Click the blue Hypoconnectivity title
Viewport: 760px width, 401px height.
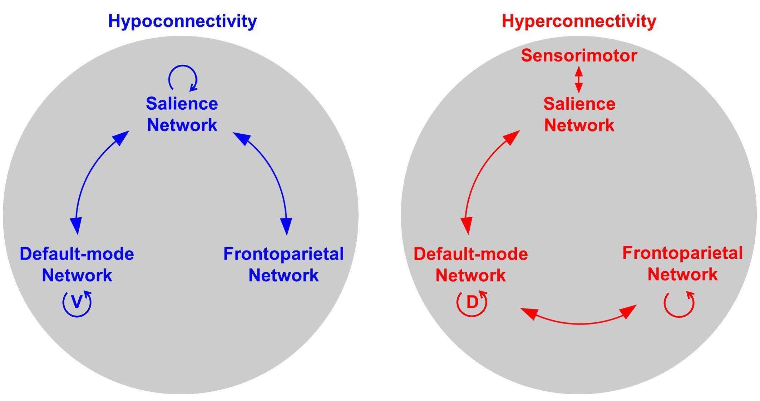182,21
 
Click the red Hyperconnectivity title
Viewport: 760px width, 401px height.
579,21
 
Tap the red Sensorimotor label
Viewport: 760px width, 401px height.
579,56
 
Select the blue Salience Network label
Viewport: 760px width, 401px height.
182,114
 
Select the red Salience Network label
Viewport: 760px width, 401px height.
579,115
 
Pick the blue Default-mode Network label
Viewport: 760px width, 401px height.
77,264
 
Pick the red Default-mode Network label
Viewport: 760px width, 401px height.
470,265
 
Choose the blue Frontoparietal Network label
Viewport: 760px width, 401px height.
283,264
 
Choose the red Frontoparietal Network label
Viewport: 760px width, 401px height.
682,264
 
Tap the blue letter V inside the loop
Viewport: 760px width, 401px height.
77,302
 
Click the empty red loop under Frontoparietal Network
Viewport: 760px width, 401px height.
679,304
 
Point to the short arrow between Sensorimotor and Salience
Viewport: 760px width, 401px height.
579,80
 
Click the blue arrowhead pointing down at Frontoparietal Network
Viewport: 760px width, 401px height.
286,226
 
